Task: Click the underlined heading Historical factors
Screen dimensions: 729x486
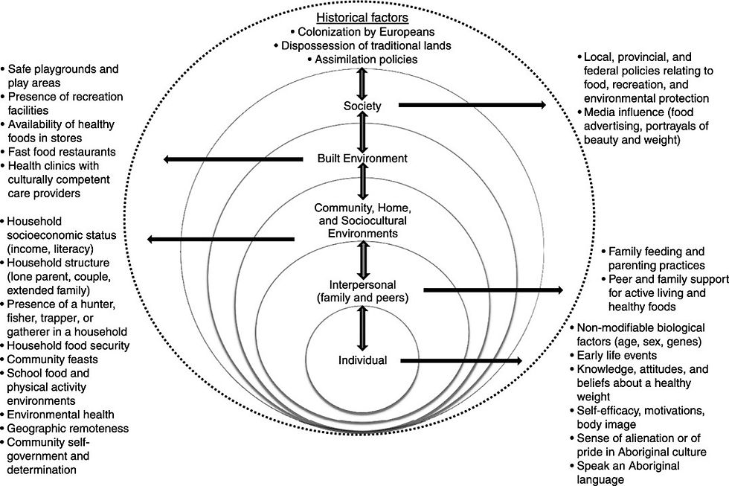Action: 362,18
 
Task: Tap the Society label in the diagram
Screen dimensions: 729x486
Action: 362,106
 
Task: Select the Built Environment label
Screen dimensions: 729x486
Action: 362,158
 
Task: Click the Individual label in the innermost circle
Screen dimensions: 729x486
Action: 363,360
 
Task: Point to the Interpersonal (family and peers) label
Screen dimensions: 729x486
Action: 363,291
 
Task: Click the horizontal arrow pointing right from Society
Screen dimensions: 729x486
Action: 472,105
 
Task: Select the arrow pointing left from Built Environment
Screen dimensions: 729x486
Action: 233,159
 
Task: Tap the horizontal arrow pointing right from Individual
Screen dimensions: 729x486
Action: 461,361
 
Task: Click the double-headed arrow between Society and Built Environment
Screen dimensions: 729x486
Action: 362,132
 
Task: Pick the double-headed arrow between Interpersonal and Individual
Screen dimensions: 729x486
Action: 362,328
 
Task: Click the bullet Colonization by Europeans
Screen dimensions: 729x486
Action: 362,31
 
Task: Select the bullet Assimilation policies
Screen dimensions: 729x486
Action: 362,60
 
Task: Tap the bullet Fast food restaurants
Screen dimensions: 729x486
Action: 58,152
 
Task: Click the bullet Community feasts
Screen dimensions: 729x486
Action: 49,359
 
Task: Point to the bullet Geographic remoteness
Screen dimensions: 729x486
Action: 65,429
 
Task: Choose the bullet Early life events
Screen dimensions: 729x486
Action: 613,355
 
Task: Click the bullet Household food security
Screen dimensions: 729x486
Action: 65,345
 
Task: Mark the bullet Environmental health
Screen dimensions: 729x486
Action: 57,415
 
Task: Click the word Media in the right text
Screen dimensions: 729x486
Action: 599,112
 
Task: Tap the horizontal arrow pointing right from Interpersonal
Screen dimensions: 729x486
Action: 493,290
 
